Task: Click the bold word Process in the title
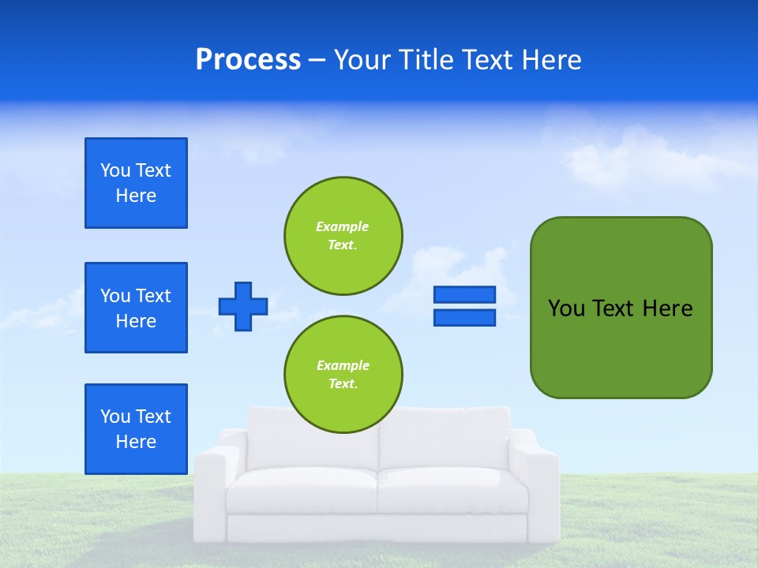[248, 60]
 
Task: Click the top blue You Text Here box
[136, 183]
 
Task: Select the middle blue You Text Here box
[136, 308]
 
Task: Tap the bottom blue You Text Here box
[136, 429]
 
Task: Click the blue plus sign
[243, 306]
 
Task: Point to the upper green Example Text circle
[343, 236]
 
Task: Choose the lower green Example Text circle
[343, 375]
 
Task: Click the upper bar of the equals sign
[464, 294]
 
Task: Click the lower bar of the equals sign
[464, 317]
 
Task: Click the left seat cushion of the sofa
[302, 489]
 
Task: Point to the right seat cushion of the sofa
[452, 489]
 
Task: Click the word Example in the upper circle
[342, 226]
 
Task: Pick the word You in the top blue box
[115, 170]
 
